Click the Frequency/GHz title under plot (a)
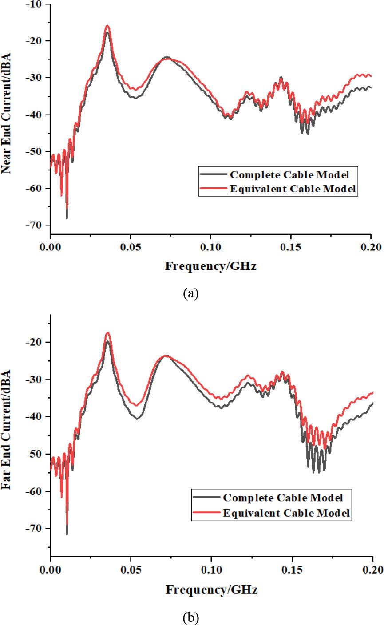click(x=211, y=267)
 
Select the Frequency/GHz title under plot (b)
click(x=211, y=590)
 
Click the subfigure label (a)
click(x=191, y=293)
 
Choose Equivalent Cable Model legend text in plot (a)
click(x=293, y=189)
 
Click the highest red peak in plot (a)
click(x=107, y=26)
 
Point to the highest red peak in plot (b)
click(x=107, y=333)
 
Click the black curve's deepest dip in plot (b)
click(x=67, y=534)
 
